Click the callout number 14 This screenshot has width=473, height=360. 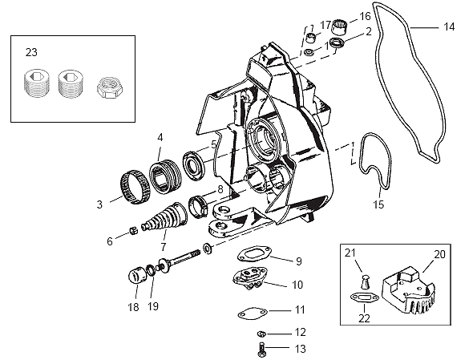click(x=449, y=26)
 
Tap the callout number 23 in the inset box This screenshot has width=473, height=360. click(x=31, y=52)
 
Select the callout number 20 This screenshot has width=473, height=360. click(x=439, y=255)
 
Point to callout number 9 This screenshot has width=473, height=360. click(x=298, y=261)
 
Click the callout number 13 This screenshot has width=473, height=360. click(x=301, y=348)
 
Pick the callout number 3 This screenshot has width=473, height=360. click(x=99, y=204)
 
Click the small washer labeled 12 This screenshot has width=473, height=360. click(x=261, y=333)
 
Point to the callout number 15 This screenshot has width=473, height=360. click(x=378, y=204)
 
